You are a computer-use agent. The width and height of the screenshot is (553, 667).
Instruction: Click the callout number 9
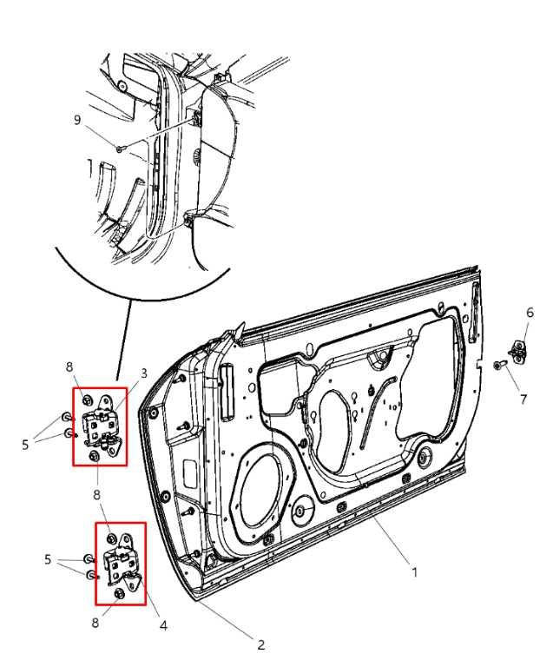77,120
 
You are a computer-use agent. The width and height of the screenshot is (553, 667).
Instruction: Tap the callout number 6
530,313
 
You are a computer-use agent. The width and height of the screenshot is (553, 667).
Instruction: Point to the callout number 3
144,373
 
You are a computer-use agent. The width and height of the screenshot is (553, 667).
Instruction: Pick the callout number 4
162,624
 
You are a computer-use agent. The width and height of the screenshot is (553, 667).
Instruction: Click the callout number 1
414,572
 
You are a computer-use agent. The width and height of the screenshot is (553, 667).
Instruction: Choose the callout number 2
260,644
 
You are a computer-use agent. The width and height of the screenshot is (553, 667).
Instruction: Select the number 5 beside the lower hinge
48,560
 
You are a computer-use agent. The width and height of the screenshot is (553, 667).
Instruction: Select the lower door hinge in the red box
121,565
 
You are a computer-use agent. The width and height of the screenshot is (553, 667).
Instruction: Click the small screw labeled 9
119,149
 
